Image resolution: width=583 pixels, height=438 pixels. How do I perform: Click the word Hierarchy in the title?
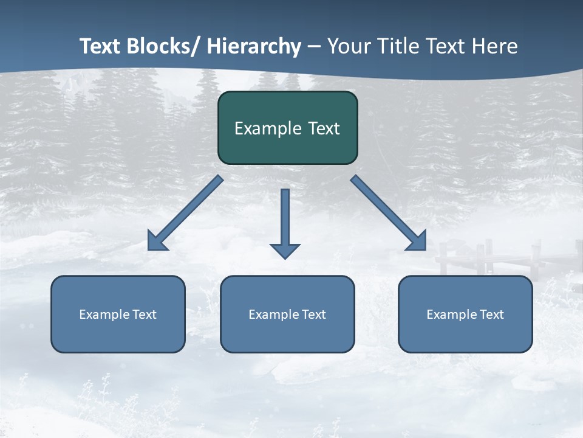click(254, 46)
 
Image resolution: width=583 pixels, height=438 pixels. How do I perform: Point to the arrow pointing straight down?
click(285, 219)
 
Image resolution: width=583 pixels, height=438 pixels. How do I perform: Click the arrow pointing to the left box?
click(185, 213)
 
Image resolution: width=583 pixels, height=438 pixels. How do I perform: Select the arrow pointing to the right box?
click(389, 213)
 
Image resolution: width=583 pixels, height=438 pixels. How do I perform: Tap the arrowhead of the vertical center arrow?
click(285, 251)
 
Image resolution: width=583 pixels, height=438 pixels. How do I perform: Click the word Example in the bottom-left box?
click(104, 315)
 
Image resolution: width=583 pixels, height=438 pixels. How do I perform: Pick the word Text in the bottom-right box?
click(491, 315)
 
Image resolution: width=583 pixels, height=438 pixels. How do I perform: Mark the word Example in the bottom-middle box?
click(274, 315)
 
